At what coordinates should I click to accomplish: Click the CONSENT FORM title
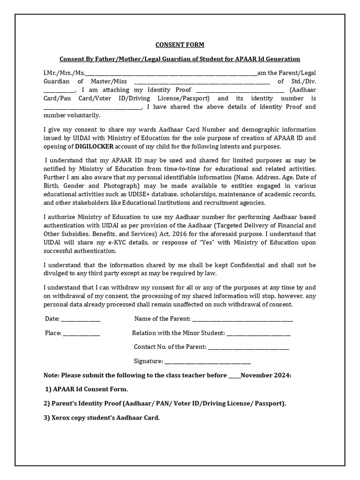point(180,45)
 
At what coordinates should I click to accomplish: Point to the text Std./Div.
point(303,81)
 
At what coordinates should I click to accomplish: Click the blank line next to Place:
point(82,334)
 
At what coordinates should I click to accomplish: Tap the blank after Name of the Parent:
point(242,320)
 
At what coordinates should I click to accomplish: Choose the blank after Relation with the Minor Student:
point(259,334)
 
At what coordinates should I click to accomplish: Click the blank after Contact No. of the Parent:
point(248,347)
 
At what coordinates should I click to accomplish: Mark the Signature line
point(208,361)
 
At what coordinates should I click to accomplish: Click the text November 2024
point(266,375)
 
